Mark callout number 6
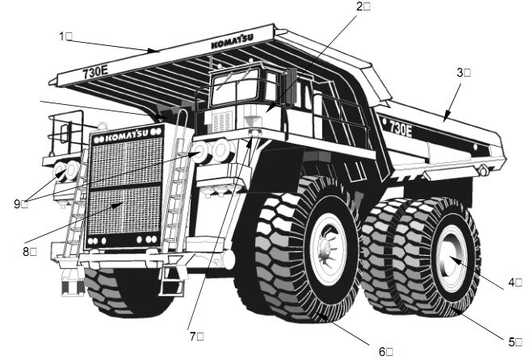click(x=384, y=350)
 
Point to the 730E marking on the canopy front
click(x=96, y=72)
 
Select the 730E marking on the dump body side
click(x=401, y=127)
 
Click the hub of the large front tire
click(x=329, y=258)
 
